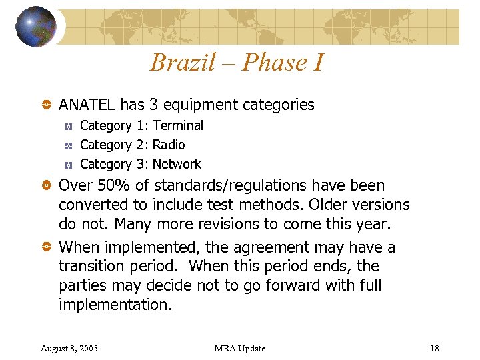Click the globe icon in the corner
click(36, 26)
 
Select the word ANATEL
click(87, 105)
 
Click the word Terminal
click(178, 125)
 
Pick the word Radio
click(169, 145)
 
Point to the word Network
click(177, 164)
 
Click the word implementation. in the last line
click(115, 305)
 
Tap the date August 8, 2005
click(69, 349)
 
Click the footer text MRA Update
click(240, 349)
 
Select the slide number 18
click(435, 349)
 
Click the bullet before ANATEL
click(47, 105)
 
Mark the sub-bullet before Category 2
click(69, 145)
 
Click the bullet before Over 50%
click(47, 186)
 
